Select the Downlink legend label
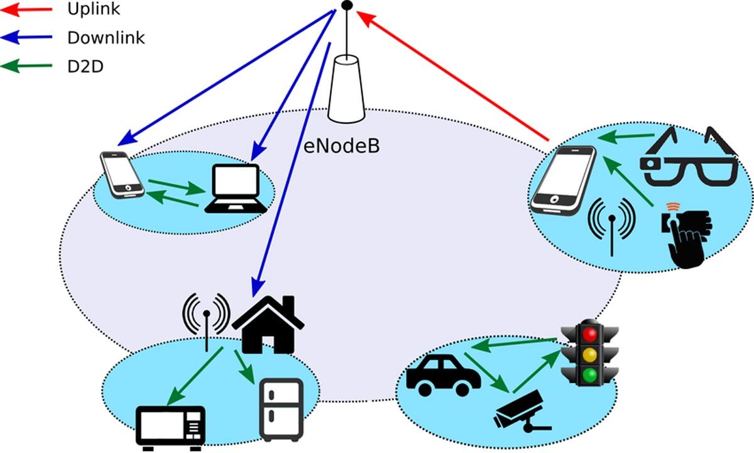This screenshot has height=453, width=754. tap(106, 38)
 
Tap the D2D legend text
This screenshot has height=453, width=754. tap(85, 65)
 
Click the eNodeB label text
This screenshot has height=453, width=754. tap(342, 146)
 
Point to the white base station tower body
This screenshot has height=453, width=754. tap(346, 88)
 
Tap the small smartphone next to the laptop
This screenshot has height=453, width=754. tap(121, 174)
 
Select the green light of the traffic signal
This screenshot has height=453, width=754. tap(589, 376)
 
